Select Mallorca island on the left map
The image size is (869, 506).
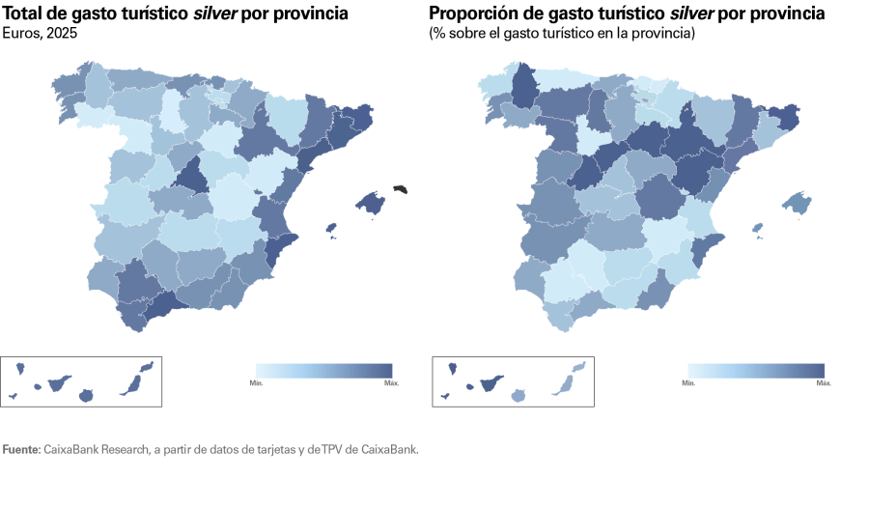click(x=370, y=202)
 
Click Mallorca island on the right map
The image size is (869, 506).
click(x=797, y=202)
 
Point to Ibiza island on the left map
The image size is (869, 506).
click(x=331, y=229)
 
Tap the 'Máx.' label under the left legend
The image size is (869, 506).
click(x=390, y=383)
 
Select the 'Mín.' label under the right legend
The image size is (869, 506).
click(x=688, y=383)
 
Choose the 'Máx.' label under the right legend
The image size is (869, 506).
click(x=824, y=383)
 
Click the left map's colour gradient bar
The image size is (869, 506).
click(x=323, y=370)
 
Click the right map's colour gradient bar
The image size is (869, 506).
click(x=755, y=370)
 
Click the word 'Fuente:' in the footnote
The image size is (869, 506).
click(x=21, y=449)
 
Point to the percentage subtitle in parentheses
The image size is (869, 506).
click(x=561, y=33)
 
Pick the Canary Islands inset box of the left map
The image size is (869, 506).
click(x=82, y=381)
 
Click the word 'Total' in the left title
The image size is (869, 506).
click(x=24, y=14)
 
